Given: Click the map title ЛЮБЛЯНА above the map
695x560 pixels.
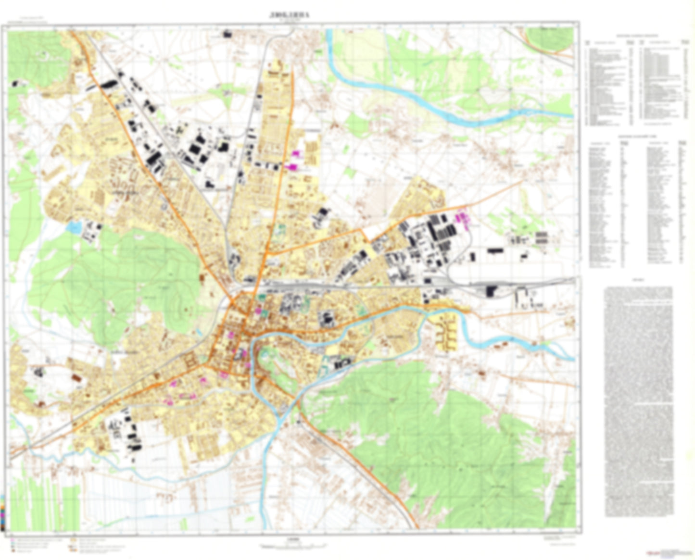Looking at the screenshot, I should point(290,15).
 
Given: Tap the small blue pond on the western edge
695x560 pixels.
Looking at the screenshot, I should point(75,226).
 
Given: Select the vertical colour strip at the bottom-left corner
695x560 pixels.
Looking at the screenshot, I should point(3,511).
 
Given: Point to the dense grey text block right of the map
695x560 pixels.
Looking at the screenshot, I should point(638,401).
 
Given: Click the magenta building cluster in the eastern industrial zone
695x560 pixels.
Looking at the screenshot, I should point(463,220).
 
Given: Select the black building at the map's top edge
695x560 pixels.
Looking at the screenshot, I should point(227,34).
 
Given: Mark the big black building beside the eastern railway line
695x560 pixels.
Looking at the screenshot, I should point(491,290).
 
